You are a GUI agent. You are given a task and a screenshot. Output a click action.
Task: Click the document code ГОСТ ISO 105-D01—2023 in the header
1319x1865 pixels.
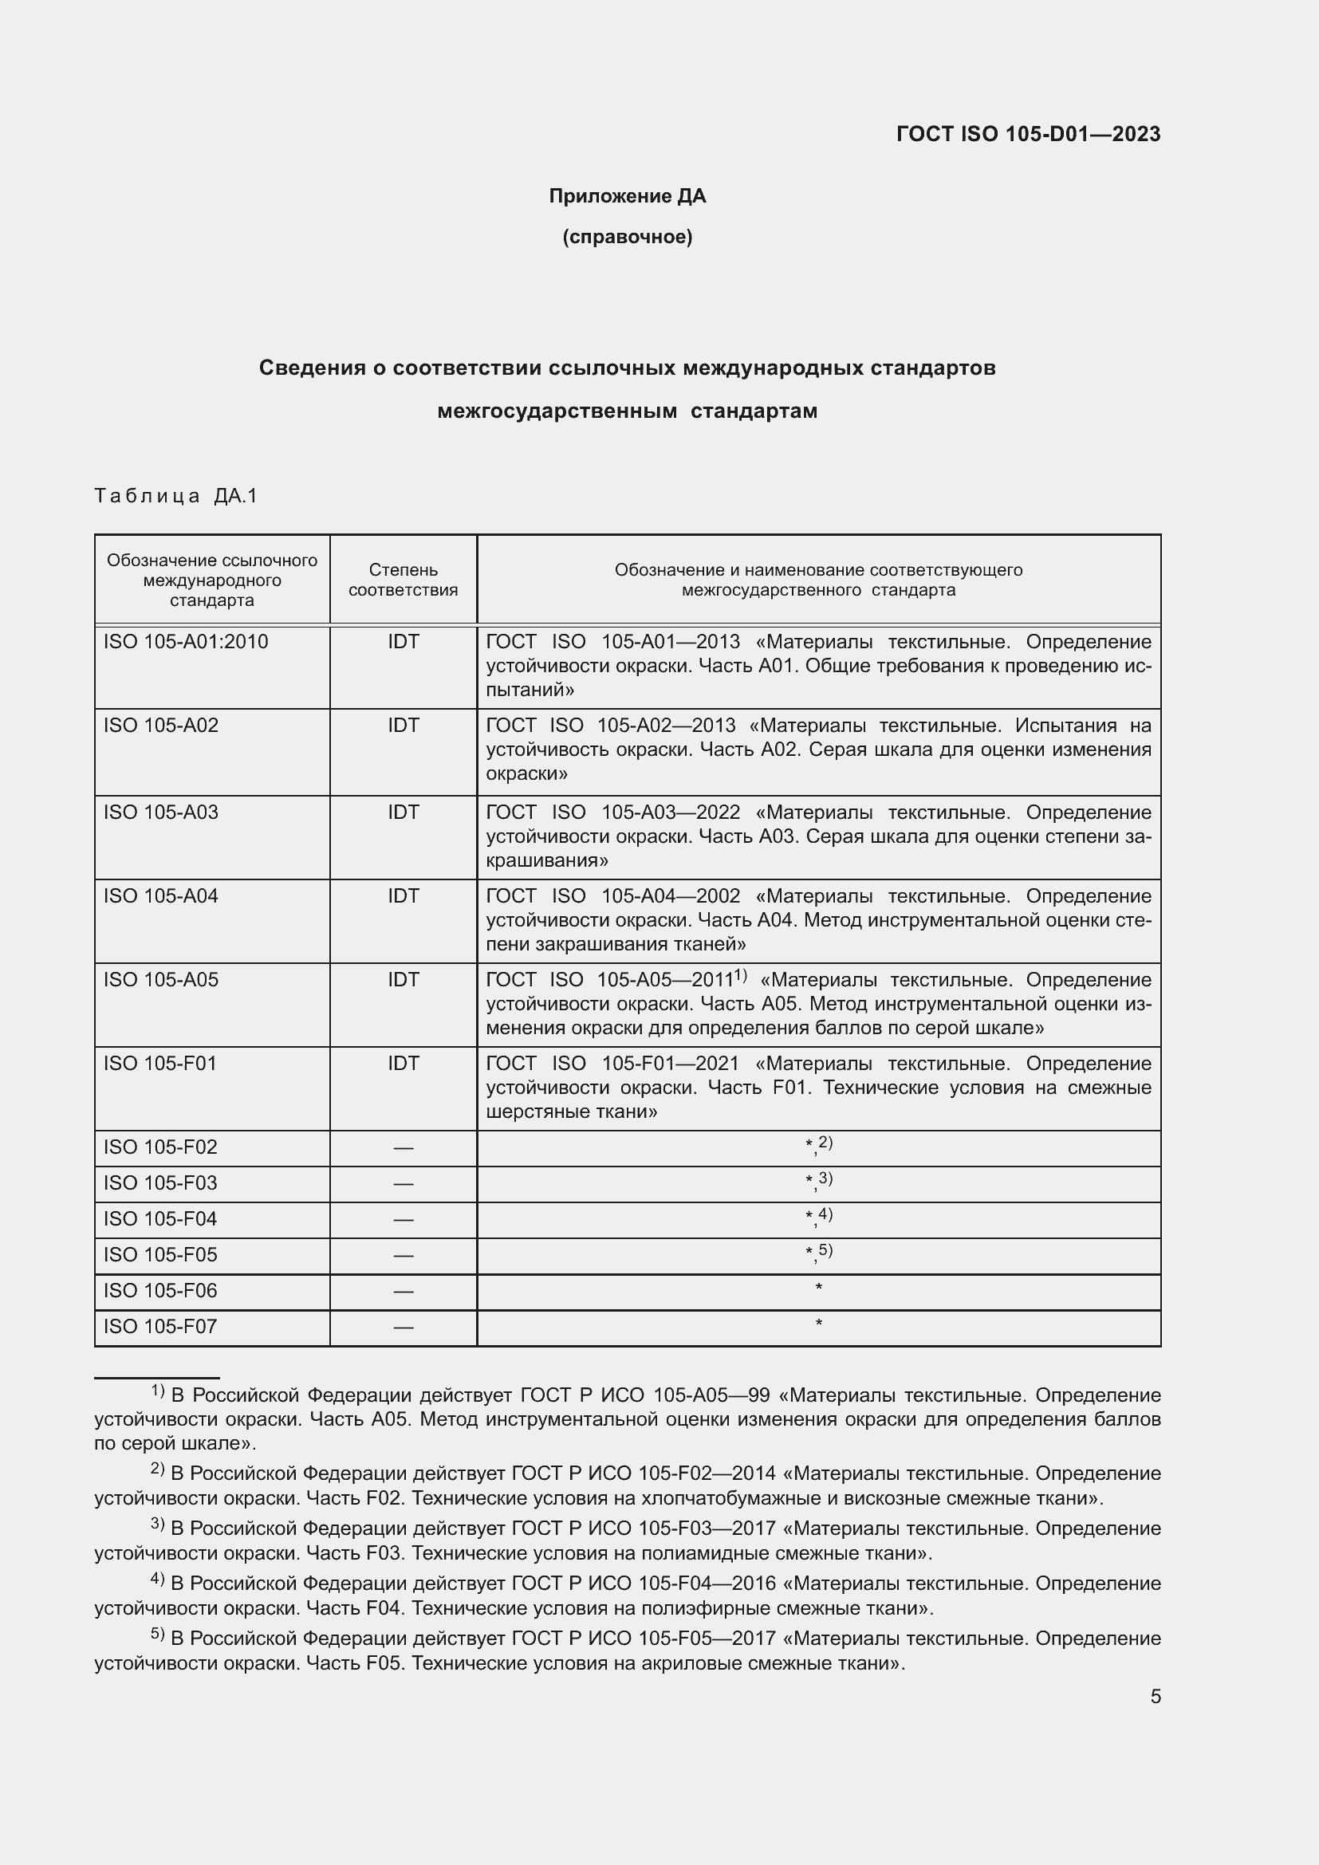coord(1027,134)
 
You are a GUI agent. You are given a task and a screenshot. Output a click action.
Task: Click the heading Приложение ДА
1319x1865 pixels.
coord(627,196)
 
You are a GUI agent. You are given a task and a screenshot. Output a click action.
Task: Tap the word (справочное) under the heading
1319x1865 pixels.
coord(627,237)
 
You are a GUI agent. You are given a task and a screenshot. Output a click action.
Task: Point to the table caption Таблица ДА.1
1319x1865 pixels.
coord(175,495)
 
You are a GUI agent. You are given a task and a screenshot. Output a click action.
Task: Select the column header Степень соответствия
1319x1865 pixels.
coord(403,580)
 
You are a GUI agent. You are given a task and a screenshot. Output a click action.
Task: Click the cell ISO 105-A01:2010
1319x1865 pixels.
coord(185,642)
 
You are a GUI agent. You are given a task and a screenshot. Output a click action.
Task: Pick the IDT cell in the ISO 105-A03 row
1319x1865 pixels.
coord(403,812)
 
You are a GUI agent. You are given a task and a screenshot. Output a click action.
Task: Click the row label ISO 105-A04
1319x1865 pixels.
coord(161,896)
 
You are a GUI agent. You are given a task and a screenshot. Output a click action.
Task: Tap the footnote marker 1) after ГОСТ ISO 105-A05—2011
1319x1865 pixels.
coord(740,975)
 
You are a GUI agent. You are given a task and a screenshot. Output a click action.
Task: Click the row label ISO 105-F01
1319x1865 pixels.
coord(160,1064)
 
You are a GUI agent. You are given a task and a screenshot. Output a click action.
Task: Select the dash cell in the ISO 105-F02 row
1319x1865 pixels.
coord(403,1147)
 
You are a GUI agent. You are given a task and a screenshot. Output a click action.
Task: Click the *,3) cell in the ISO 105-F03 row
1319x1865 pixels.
coord(819,1182)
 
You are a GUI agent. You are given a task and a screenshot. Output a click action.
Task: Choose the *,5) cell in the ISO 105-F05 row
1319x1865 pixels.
coord(819,1254)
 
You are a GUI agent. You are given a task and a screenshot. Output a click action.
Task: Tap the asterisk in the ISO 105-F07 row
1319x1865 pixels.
coord(819,1325)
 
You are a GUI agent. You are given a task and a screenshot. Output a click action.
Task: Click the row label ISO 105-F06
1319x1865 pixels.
coord(160,1291)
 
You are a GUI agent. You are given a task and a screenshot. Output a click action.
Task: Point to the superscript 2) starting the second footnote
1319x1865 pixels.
coord(158,1469)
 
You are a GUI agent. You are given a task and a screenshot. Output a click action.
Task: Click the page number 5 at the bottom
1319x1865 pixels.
coord(1155,1697)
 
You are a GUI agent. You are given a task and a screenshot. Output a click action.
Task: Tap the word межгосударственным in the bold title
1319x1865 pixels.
coord(557,411)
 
